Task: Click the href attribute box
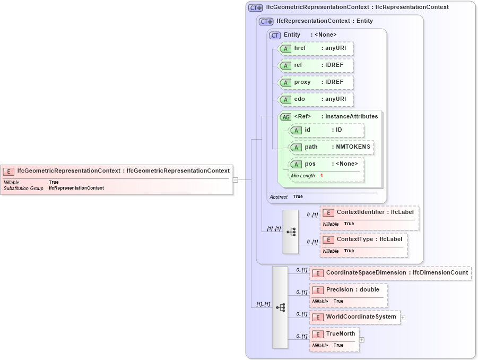tap(316, 48)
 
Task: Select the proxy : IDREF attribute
tap(316, 82)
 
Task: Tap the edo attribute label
tap(300, 99)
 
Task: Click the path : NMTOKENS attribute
tap(331, 147)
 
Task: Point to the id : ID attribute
tap(326, 130)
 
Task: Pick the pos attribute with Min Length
tap(326, 164)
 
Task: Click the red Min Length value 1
tap(321, 176)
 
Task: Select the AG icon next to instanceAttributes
tap(285, 117)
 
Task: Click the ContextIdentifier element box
tap(369, 213)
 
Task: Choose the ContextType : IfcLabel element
tap(364, 239)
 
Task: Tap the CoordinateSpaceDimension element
tap(390, 273)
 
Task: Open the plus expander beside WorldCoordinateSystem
tap(403, 318)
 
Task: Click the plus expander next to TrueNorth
tap(361, 339)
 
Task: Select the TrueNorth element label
tap(341, 334)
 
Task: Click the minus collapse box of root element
tap(235, 179)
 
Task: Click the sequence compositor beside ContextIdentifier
tap(291, 232)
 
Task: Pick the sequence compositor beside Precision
tap(280, 307)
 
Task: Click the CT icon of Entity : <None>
tap(275, 35)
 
